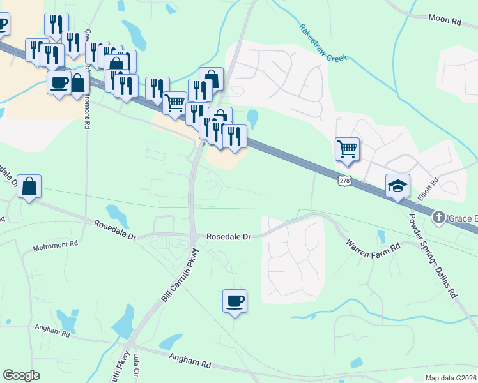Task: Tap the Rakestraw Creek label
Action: click(323, 44)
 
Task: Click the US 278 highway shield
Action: click(345, 181)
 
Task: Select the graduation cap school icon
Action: click(397, 186)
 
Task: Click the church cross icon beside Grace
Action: click(439, 218)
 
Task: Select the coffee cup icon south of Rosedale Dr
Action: click(235, 299)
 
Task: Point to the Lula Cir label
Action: click(137, 369)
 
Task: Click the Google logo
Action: click(21, 375)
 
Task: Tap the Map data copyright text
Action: click(451, 378)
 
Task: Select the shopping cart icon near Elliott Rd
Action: click(347, 149)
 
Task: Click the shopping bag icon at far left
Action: click(29, 186)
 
